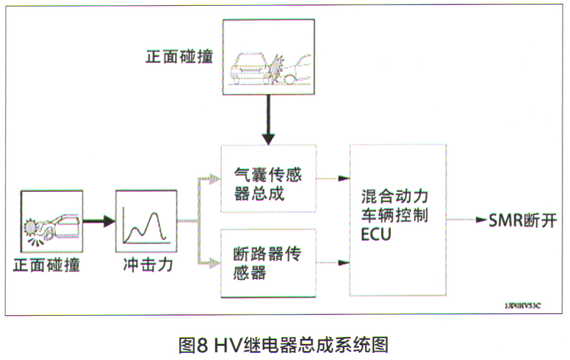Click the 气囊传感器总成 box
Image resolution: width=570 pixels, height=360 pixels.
click(x=268, y=179)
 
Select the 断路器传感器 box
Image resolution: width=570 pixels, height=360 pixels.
click(x=268, y=263)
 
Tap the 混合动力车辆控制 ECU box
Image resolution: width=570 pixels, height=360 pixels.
click(x=397, y=220)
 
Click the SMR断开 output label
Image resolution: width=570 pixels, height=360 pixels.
click(x=522, y=221)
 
